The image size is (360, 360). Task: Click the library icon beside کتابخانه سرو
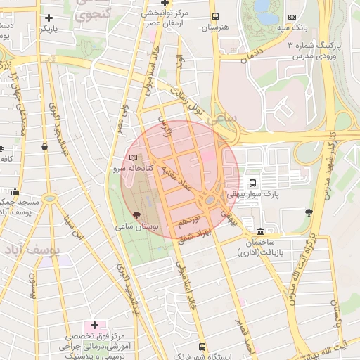(134, 157)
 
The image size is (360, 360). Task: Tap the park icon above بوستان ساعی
(136, 214)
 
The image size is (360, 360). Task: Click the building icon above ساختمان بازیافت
(261, 231)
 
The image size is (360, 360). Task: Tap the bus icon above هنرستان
(214, 16)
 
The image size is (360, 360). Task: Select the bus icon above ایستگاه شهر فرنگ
(202, 347)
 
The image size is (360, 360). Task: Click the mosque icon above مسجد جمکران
(15, 191)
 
